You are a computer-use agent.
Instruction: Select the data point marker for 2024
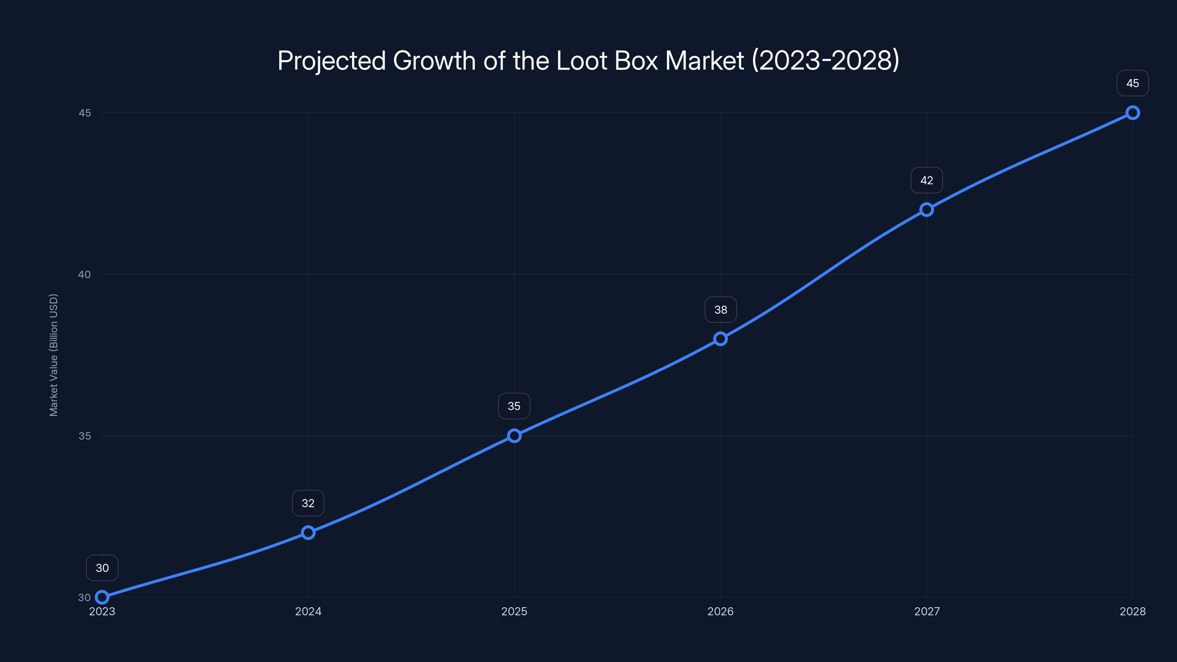point(308,532)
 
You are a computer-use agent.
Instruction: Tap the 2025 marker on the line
point(514,435)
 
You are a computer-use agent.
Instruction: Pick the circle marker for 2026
point(720,338)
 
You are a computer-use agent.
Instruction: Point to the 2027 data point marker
point(926,209)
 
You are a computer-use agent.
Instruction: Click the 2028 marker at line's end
point(1132,113)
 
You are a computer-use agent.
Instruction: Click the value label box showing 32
point(308,503)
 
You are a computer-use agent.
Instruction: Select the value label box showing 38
point(721,310)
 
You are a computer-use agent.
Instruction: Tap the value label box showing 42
point(926,181)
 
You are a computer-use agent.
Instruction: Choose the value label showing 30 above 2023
point(102,567)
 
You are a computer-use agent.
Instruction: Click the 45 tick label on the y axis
point(85,113)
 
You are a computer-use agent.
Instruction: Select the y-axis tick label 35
point(85,436)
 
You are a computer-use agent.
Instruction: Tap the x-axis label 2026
point(720,611)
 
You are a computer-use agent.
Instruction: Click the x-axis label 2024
point(308,611)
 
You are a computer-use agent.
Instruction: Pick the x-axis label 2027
point(927,611)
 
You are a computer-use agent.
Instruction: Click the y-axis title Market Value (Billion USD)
point(53,355)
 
